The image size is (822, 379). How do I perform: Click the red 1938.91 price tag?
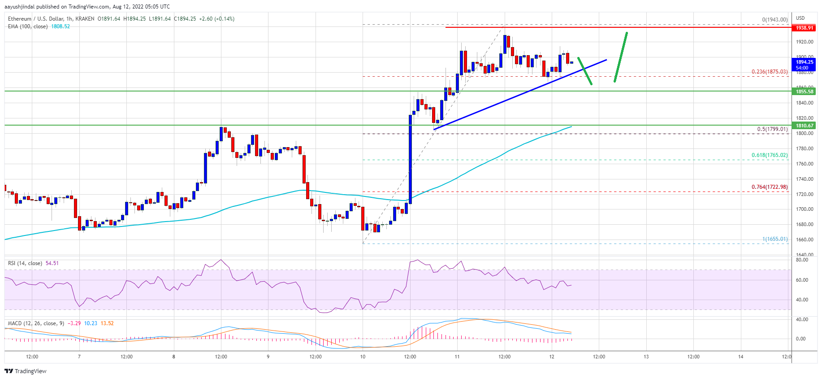tap(804, 28)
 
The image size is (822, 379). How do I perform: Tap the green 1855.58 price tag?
tap(804, 91)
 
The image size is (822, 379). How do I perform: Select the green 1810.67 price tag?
tap(804, 126)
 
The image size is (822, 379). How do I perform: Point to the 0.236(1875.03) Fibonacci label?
tap(769, 72)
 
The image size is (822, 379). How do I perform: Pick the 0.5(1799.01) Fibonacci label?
tap(772, 129)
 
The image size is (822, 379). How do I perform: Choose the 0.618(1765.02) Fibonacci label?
tap(769, 155)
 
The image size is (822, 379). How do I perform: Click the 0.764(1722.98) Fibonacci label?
tap(769, 187)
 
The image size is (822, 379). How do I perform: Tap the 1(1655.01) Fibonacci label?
tap(774, 239)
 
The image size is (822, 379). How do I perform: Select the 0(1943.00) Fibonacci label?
tap(774, 20)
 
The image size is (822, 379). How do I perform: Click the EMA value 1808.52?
tap(61, 26)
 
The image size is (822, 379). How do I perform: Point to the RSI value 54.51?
tap(52, 263)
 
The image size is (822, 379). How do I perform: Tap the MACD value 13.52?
tap(107, 323)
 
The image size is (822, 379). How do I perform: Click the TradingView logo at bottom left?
tap(26, 371)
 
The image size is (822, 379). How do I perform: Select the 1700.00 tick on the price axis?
tap(804, 209)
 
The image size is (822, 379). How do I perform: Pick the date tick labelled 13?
tap(646, 357)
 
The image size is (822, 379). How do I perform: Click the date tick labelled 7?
tap(79, 357)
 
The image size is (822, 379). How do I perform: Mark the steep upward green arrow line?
tap(621, 57)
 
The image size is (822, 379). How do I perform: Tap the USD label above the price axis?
tap(800, 18)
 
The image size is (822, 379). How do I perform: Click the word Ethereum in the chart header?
tap(20, 19)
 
